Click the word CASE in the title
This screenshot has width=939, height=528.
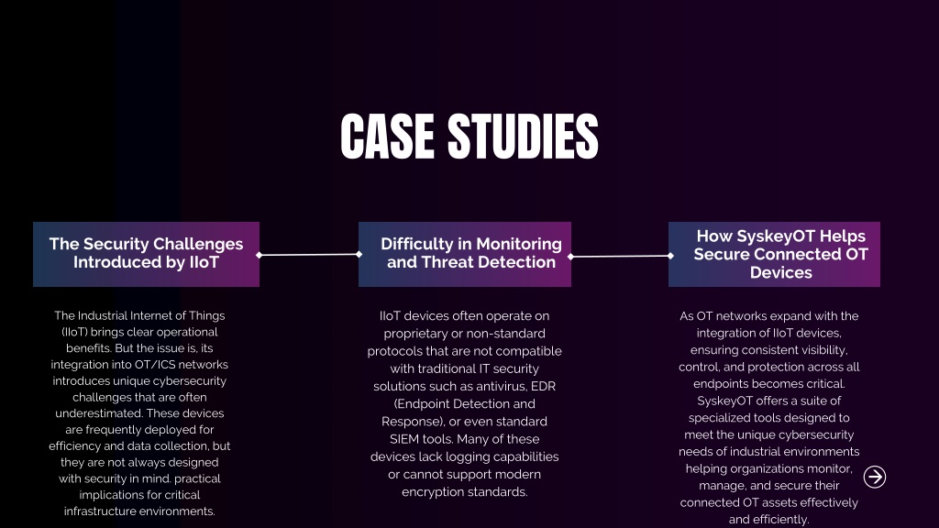point(387,137)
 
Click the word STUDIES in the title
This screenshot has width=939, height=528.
point(523,137)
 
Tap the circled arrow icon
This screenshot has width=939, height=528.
point(874,477)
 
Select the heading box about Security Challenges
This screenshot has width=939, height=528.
point(146,255)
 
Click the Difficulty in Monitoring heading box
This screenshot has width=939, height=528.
point(465,255)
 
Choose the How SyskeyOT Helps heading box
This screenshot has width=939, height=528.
point(774,255)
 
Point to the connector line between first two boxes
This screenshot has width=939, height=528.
point(309,255)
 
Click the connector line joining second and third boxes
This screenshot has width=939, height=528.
point(621,257)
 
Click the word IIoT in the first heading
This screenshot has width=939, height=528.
point(204,262)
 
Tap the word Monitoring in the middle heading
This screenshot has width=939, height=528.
point(519,244)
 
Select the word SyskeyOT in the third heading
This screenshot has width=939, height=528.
point(781,236)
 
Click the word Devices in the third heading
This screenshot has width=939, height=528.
point(781,272)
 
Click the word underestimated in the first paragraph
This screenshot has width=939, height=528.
point(99,413)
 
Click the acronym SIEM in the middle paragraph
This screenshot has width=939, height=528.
point(404,439)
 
